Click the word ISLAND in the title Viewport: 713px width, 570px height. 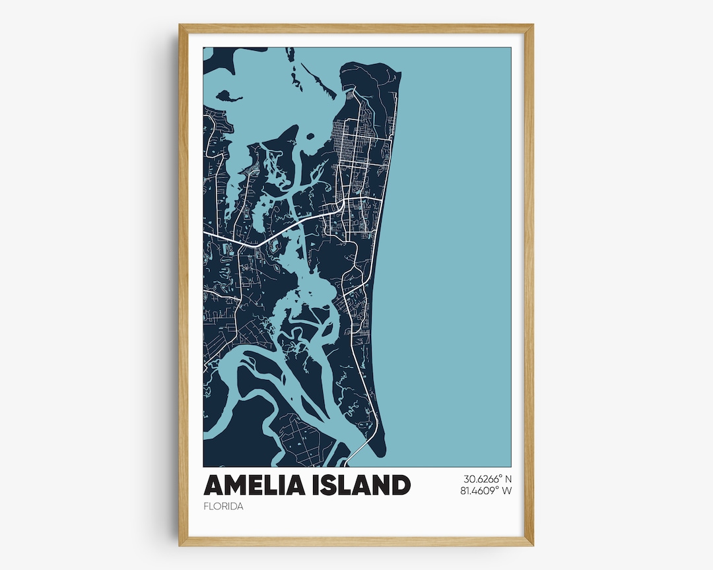[359, 485]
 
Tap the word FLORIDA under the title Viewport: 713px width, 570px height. [224, 507]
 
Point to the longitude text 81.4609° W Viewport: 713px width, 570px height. [488, 491]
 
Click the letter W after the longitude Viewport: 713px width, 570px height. [508, 491]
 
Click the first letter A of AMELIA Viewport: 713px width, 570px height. [213, 485]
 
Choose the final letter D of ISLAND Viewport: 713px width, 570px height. [400, 485]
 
